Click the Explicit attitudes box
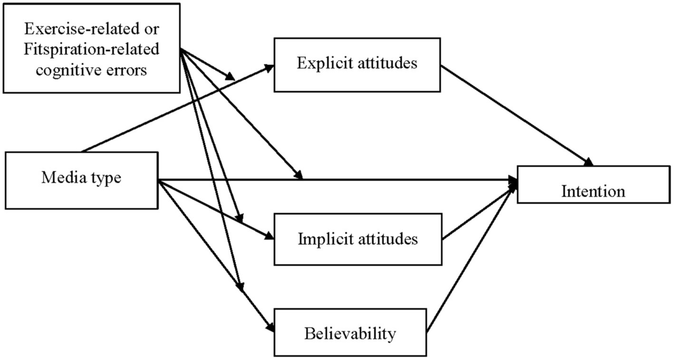point(357,65)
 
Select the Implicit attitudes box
point(357,239)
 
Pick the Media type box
point(81,179)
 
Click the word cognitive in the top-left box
point(70,70)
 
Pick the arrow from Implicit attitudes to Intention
point(478,210)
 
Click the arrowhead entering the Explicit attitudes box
point(270,67)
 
